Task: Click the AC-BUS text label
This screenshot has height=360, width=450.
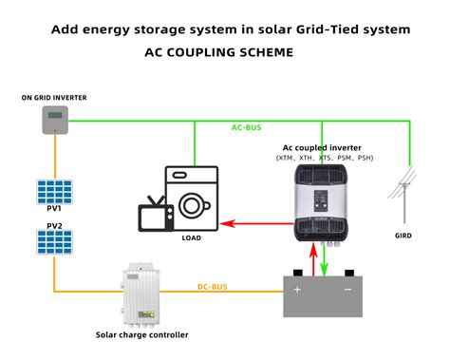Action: tap(250, 127)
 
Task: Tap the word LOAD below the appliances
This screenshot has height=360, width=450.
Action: tap(192, 238)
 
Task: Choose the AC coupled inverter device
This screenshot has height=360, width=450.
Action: tap(324, 201)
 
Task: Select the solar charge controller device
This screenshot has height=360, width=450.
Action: tap(140, 294)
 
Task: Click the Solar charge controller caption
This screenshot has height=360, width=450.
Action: tap(141, 334)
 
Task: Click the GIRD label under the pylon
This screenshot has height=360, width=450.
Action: tap(403, 235)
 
